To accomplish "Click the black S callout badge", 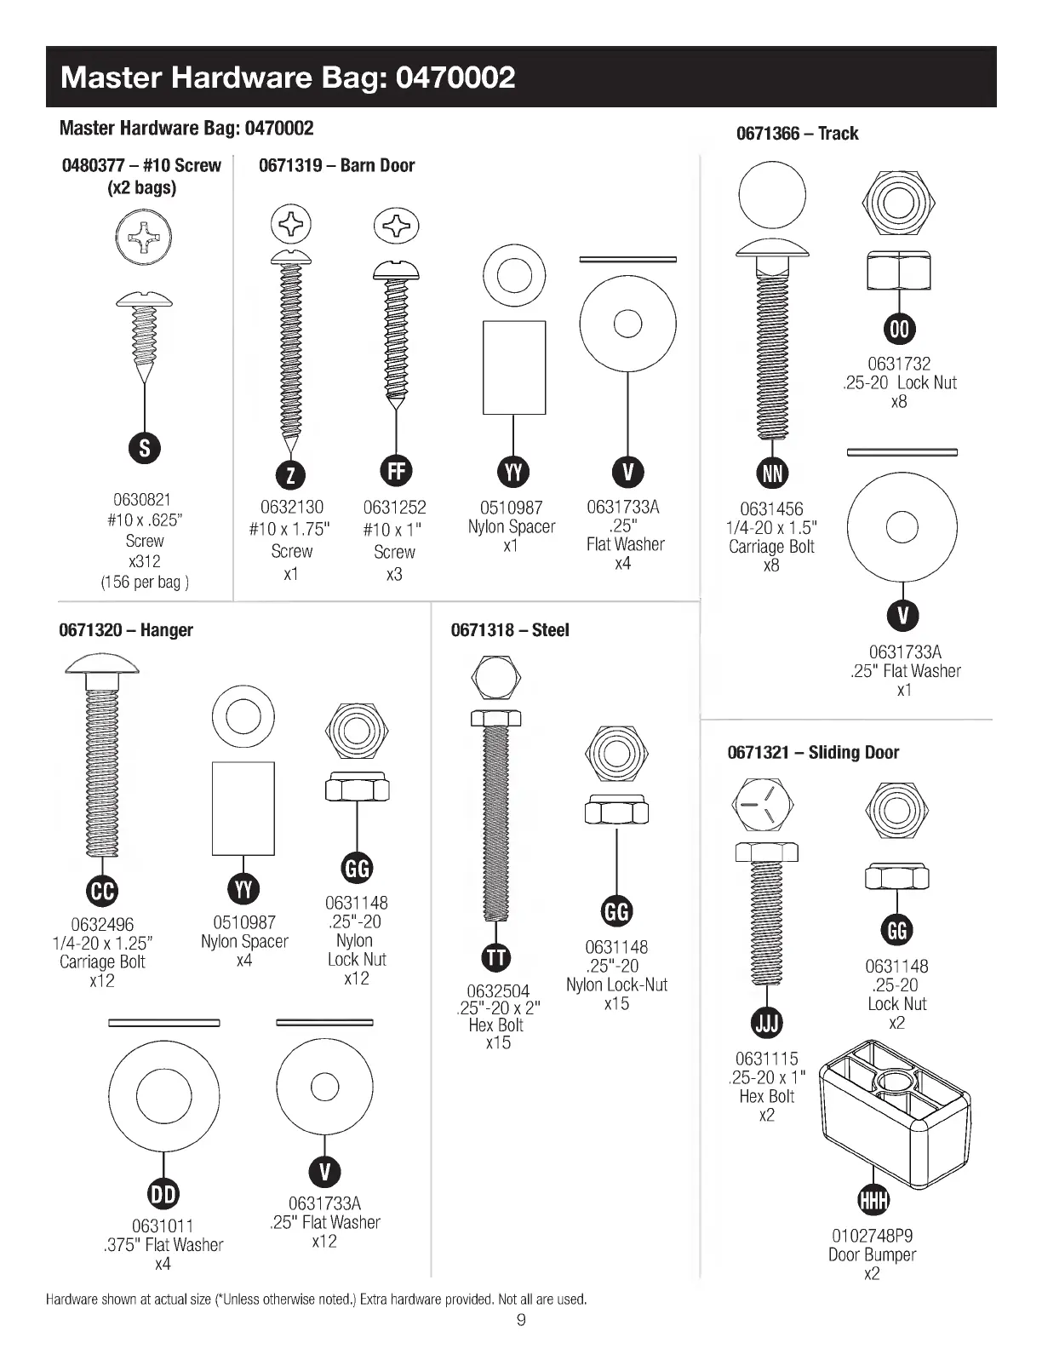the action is point(145,448).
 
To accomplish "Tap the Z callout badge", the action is point(290,474).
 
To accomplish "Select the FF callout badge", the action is point(396,470).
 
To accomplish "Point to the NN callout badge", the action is point(772,473).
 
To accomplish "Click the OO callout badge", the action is point(899,330).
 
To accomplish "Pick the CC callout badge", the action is point(102,891).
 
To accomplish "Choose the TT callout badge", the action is point(496,956).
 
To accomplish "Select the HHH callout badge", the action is point(873,1199).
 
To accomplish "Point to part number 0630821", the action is point(142,500).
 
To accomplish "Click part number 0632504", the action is point(498,991).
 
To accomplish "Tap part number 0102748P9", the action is point(873,1236).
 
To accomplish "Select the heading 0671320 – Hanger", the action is point(126,630).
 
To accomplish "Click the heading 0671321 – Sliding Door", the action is point(813,752).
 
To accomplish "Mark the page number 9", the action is point(521,1321).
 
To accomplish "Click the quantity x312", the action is point(144,561).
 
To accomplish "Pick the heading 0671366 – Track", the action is point(797,134).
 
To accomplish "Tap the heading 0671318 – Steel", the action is point(510,630).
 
